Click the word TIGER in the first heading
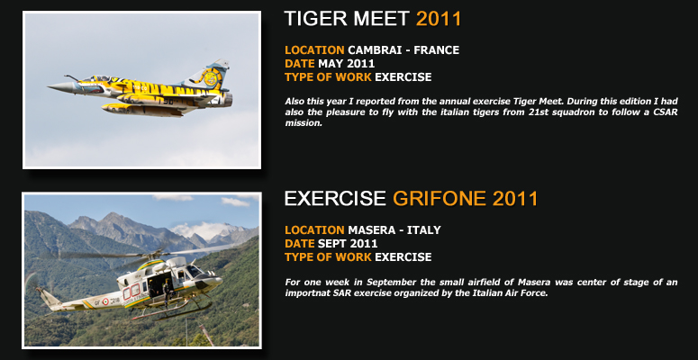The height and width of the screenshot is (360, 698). [316, 19]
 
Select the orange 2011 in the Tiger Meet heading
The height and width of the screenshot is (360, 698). [439, 19]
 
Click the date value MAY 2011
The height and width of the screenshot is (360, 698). [347, 64]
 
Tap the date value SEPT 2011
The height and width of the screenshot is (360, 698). [348, 244]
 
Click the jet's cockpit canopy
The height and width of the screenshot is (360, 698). [95, 79]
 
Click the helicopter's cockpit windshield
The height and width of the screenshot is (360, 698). [194, 271]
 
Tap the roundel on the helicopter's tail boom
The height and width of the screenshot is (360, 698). [105, 301]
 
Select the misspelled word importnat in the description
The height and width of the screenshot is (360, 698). [307, 293]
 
